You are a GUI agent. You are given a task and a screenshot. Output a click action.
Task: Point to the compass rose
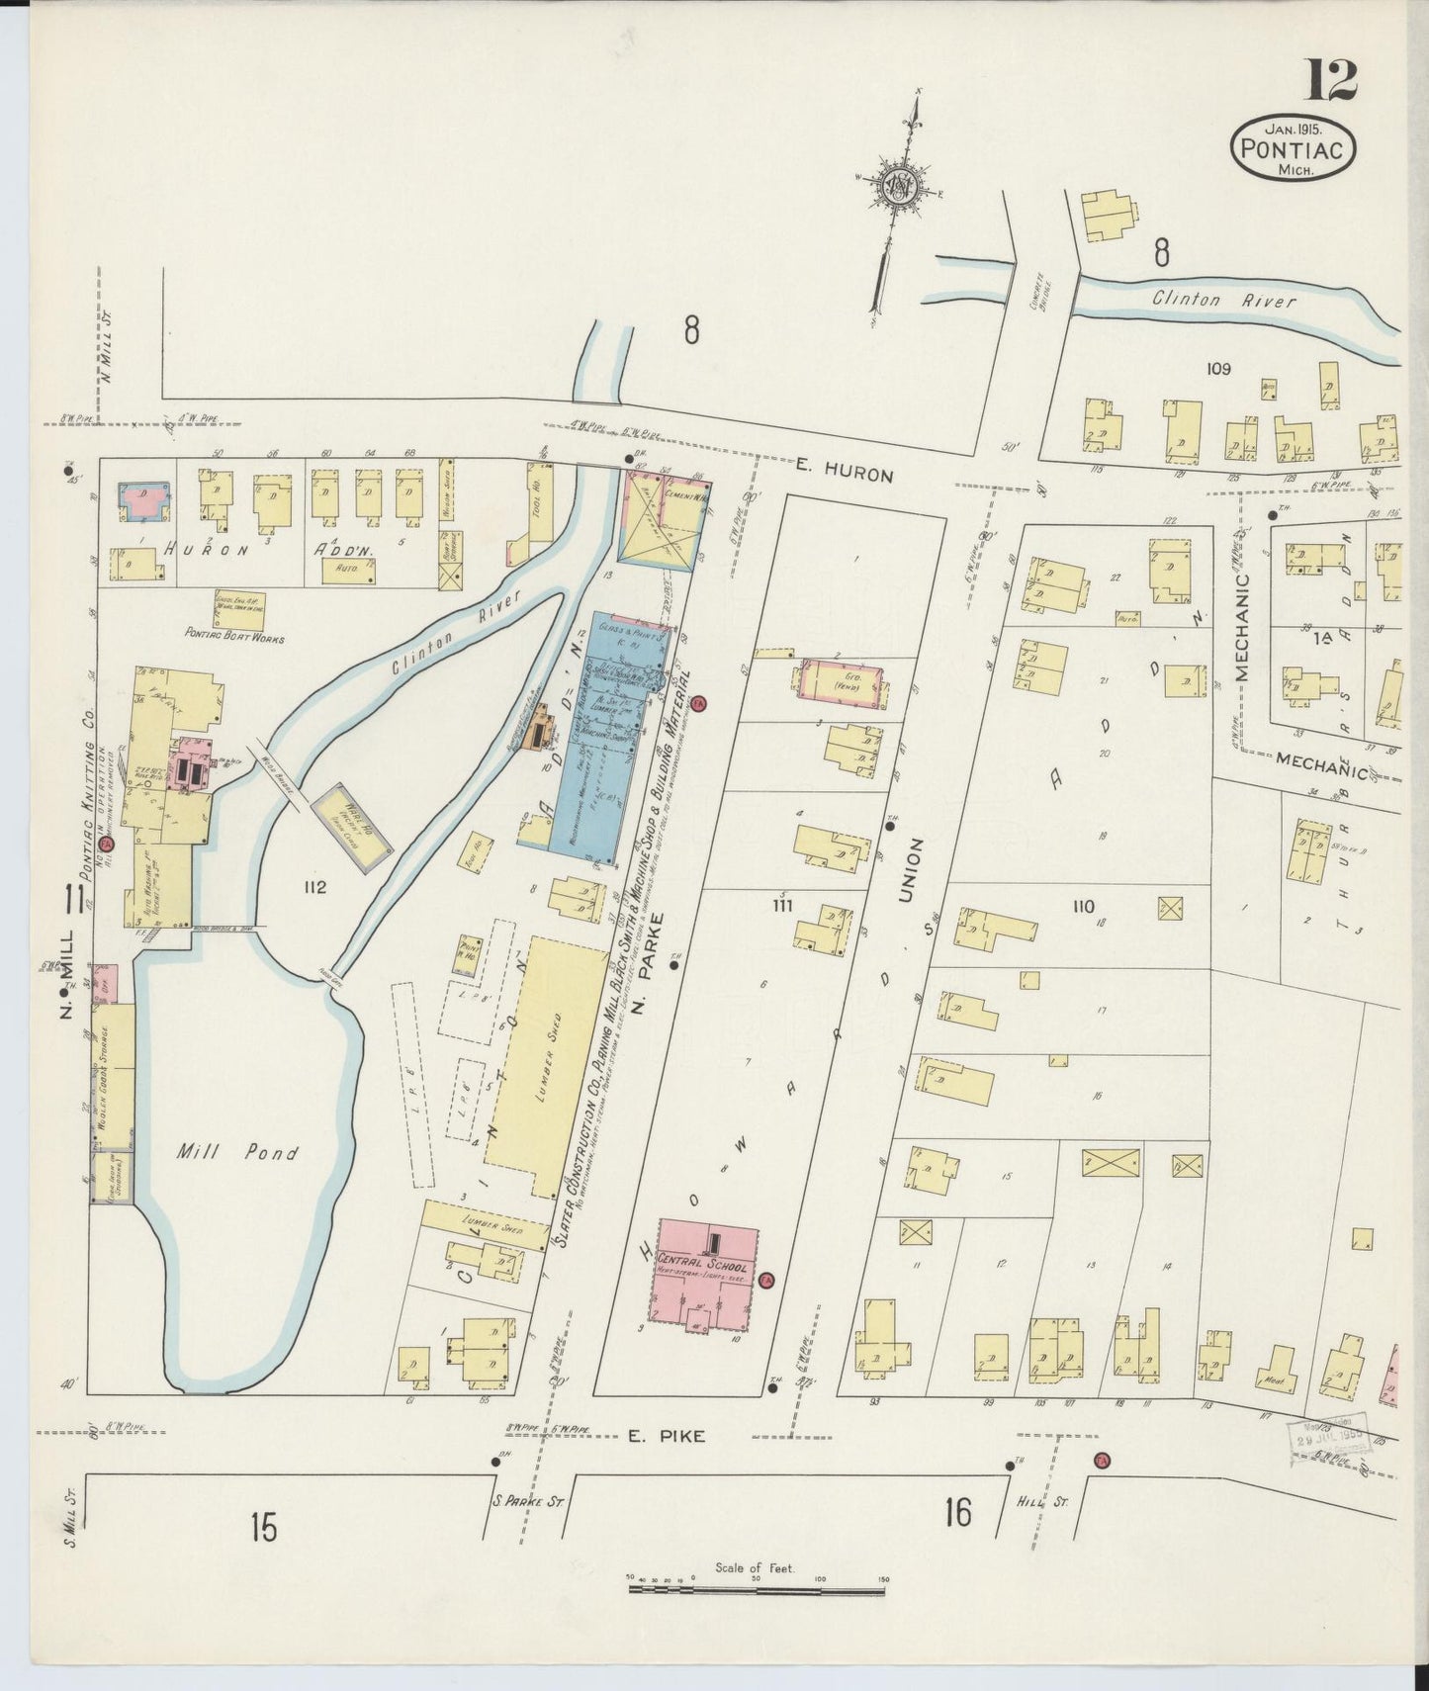click(902, 186)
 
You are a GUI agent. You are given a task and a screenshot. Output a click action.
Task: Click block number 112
click(315, 887)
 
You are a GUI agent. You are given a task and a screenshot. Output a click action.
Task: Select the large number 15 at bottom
click(263, 1529)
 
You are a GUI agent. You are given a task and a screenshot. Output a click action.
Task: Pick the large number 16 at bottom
click(957, 1512)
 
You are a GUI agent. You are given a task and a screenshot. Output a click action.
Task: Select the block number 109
click(1217, 369)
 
